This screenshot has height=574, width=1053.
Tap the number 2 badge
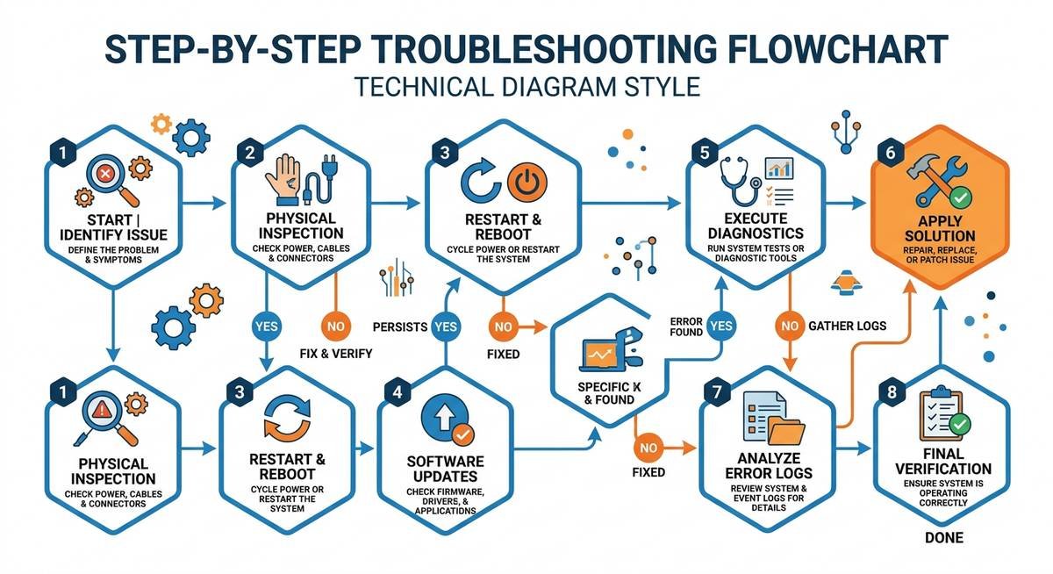250,151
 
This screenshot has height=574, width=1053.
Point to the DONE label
943,537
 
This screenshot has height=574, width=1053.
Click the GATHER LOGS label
846,326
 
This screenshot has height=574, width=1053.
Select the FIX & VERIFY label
334,354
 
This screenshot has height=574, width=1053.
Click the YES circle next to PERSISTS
447,326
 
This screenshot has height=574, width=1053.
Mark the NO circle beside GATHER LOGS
788,326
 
